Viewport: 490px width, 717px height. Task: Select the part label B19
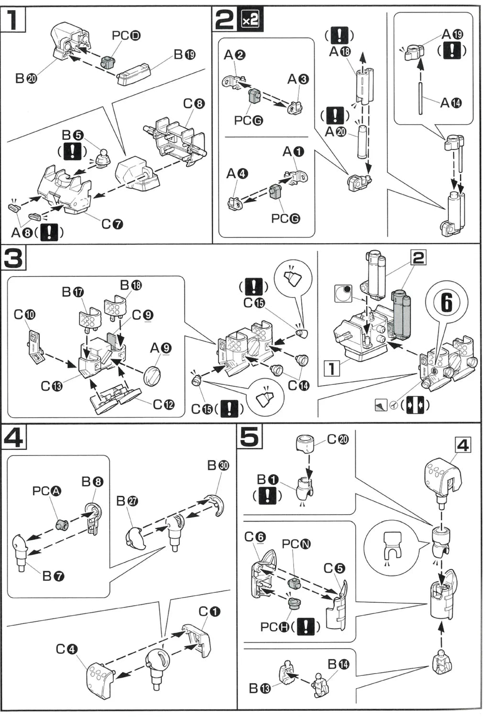pos(184,54)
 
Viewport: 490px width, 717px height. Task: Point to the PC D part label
pos(126,35)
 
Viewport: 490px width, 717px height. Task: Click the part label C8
pos(194,104)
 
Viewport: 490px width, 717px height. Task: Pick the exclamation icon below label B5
pos(73,152)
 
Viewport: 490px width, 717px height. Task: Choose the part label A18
pos(339,51)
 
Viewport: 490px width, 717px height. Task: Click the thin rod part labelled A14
pos(420,98)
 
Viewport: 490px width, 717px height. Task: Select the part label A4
pos(237,174)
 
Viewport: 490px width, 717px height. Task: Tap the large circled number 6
pos(446,302)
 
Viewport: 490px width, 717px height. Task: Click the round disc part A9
pos(152,375)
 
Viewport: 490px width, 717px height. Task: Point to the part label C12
pos(163,404)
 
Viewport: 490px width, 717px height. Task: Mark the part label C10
pos(24,315)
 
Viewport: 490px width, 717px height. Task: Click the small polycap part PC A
pos(62,524)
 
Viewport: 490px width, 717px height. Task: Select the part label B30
pos(218,466)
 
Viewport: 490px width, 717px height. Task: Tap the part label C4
pos(66,649)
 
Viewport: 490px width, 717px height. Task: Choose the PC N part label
pos(296,544)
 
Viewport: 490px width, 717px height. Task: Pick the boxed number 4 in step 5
pos(462,445)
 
